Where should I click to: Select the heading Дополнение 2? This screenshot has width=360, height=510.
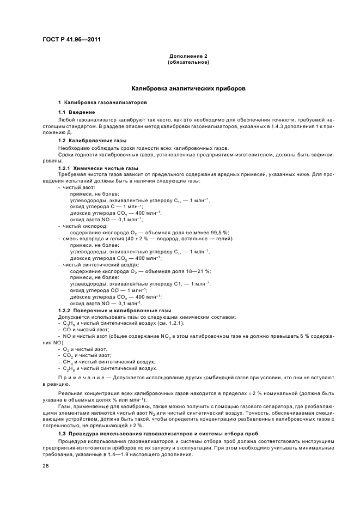tap(187, 56)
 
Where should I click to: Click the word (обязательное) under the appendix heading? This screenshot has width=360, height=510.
tap(188, 62)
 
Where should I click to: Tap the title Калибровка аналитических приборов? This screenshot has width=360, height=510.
tap(187, 88)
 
